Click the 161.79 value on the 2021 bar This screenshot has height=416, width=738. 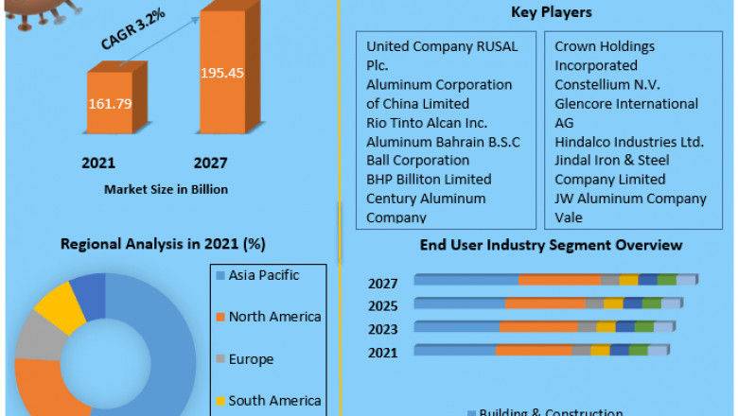[111, 103]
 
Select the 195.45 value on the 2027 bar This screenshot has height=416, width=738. [222, 73]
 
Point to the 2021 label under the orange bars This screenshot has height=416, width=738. [98, 164]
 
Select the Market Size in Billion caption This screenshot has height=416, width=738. [166, 189]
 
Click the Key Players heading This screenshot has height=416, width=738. [551, 12]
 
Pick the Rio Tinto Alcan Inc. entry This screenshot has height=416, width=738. [427, 122]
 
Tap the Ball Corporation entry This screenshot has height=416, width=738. [417, 160]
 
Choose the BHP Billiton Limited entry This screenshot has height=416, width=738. [429, 179]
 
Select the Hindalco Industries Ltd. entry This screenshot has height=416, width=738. [629, 141]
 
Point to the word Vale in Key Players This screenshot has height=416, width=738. [570, 217]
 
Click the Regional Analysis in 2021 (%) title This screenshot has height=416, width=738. [163, 243]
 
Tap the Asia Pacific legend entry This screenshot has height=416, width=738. [264, 275]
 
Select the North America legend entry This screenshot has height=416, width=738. [274, 317]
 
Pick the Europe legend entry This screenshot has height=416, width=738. [251, 359]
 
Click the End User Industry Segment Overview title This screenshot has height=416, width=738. [551, 245]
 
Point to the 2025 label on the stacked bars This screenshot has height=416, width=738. [383, 305]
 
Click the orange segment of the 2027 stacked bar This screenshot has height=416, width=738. [558, 280]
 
